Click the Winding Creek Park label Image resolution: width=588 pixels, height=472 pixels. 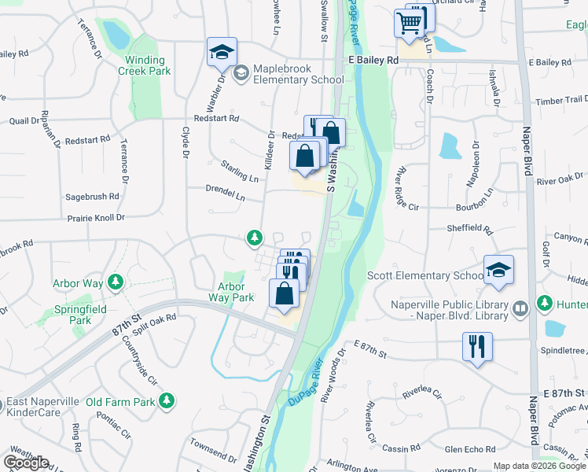click(145, 66)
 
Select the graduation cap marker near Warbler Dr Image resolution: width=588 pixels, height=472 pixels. click(222, 53)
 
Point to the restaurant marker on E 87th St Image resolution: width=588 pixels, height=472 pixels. click(477, 346)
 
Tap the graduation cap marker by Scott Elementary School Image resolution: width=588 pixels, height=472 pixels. click(498, 270)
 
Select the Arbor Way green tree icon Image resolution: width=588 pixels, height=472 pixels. click(116, 281)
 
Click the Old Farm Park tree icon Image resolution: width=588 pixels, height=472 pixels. click(166, 402)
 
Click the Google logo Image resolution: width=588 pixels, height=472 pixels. click(26, 463)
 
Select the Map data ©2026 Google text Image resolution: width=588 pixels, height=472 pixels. click(538, 466)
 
